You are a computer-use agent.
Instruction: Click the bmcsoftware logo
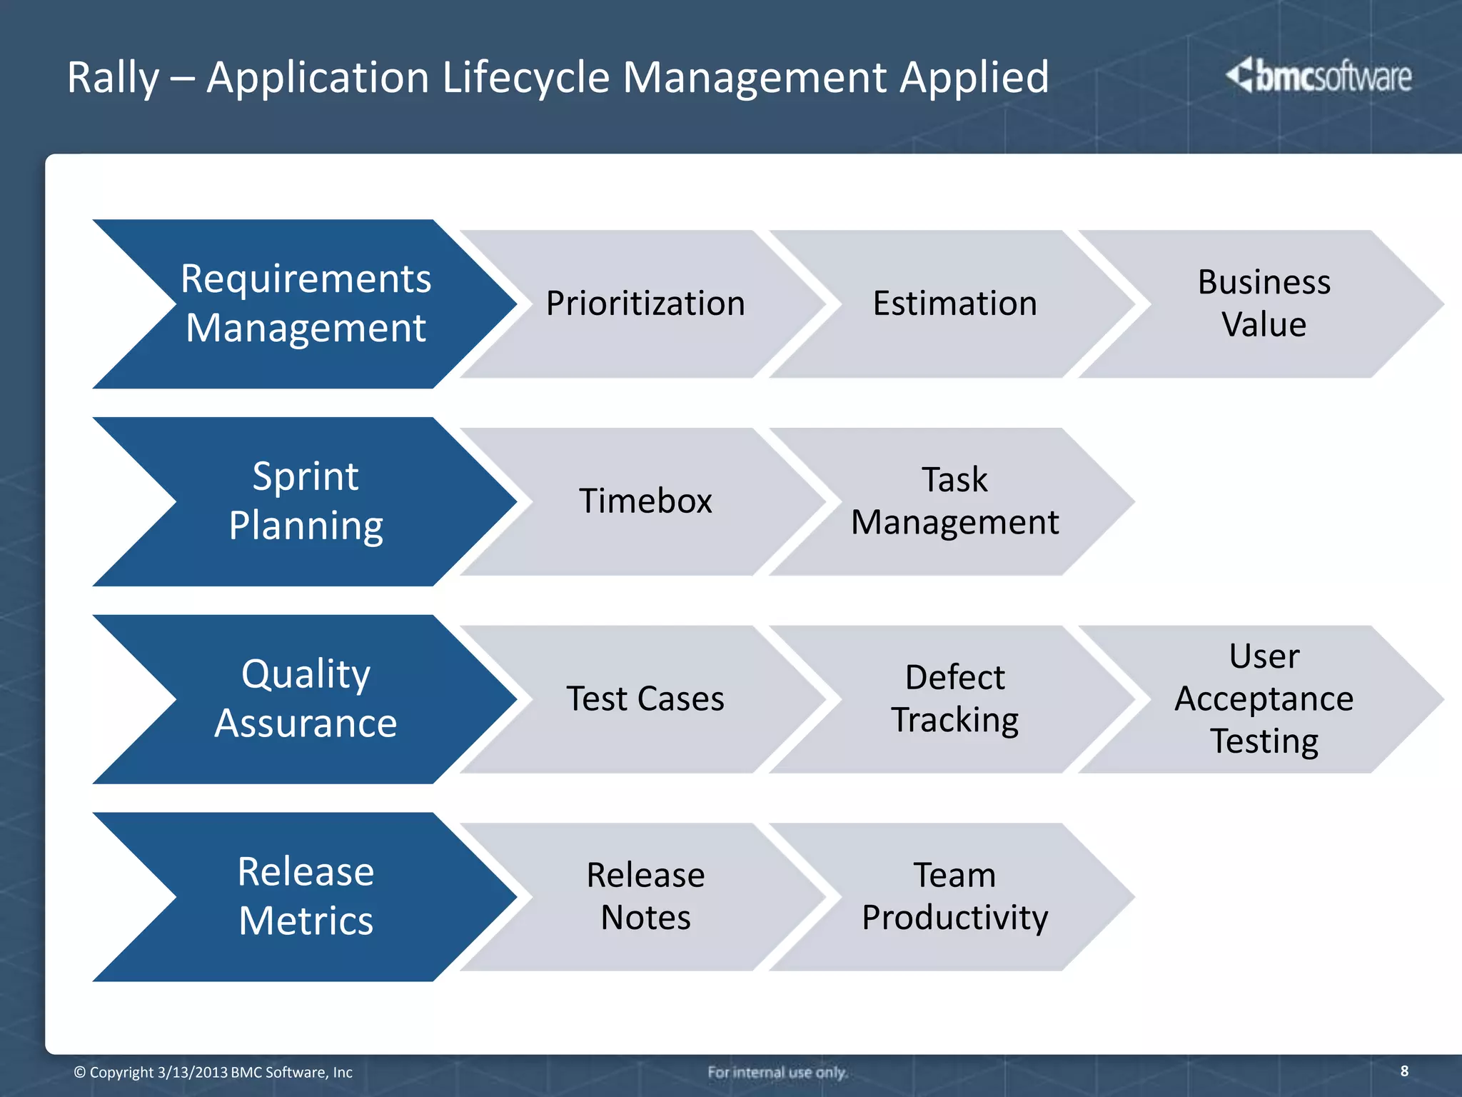click(x=1319, y=76)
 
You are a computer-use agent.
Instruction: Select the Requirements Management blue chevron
click(x=306, y=304)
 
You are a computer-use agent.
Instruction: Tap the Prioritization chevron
click(x=645, y=304)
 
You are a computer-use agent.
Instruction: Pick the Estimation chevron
click(x=954, y=304)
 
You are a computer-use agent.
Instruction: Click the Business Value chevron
click(x=1264, y=304)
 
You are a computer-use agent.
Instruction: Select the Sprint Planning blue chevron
click(x=306, y=501)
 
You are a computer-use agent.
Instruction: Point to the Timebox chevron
click(x=645, y=501)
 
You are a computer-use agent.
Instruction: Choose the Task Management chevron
click(x=954, y=501)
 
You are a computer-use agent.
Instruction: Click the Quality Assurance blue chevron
click(x=306, y=699)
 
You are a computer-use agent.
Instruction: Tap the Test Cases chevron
click(x=645, y=699)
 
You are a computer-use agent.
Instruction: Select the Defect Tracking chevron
click(x=954, y=699)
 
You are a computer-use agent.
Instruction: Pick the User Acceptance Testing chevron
click(x=1264, y=699)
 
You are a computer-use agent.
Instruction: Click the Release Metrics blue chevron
click(x=306, y=896)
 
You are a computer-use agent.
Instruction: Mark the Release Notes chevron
click(x=645, y=896)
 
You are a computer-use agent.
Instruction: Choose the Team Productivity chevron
click(x=954, y=896)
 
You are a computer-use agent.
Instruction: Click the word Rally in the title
click(x=113, y=77)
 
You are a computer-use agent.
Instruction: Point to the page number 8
click(x=1404, y=1071)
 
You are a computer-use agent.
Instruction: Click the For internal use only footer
click(x=777, y=1072)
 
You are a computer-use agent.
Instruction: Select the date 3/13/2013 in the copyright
click(x=192, y=1072)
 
